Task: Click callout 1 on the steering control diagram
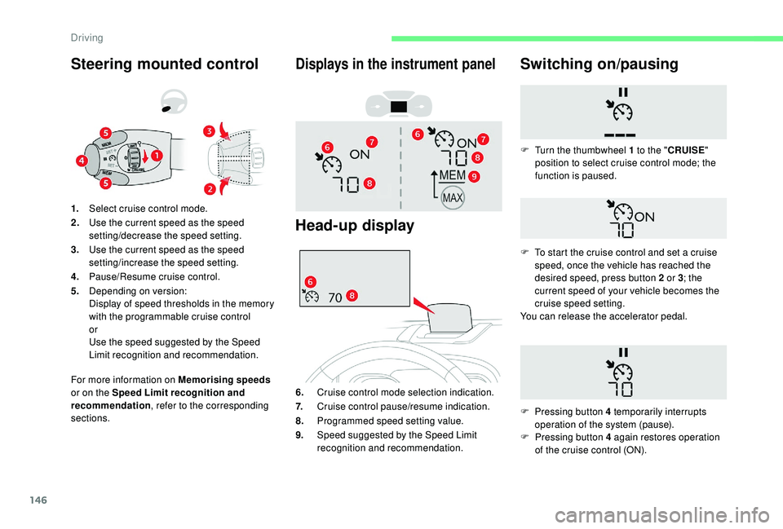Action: [x=156, y=154]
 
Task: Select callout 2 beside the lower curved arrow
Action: [x=209, y=189]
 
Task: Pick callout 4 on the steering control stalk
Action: [x=82, y=161]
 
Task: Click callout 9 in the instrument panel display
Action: [x=474, y=176]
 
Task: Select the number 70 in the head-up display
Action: [x=335, y=298]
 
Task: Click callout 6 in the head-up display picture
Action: [x=311, y=281]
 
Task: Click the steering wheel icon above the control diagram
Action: [x=174, y=102]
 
